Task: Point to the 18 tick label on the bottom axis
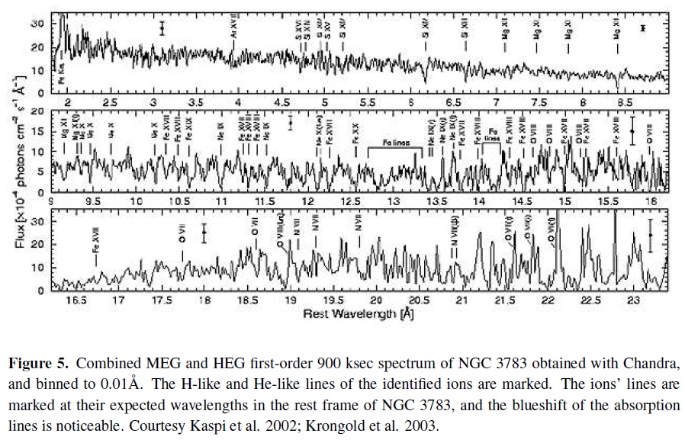point(204,301)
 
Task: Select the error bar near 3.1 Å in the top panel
point(162,28)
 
